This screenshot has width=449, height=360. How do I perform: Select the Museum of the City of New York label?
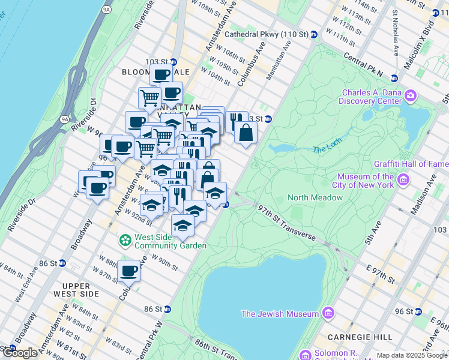pyautogui.click(x=365, y=181)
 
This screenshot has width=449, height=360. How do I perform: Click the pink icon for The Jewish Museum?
pyautogui.click(x=328, y=313)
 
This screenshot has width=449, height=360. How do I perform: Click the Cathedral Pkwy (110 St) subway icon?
pyautogui.click(x=314, y=35)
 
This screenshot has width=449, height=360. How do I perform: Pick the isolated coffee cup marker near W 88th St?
pyautogui.click(x=129, y=271)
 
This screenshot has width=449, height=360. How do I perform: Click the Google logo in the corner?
pyautogui.click(x=20, y=353)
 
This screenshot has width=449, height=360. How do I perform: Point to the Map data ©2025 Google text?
pyautogui.click(x=412, y=355)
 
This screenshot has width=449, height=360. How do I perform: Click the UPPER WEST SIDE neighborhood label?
pyautogui.click(x=77, y=289)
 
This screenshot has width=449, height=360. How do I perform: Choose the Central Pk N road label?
pyautogui.click(x=364, y=64)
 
